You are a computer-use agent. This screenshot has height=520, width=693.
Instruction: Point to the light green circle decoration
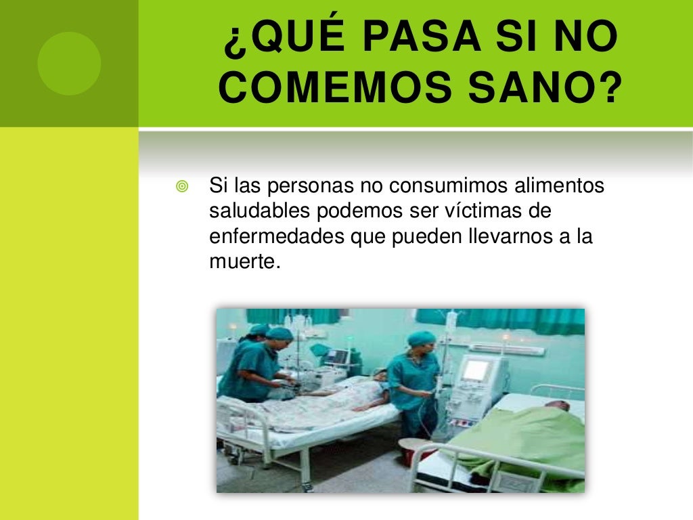coord(69,63)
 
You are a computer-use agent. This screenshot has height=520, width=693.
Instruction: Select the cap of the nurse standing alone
coord(422,337)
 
